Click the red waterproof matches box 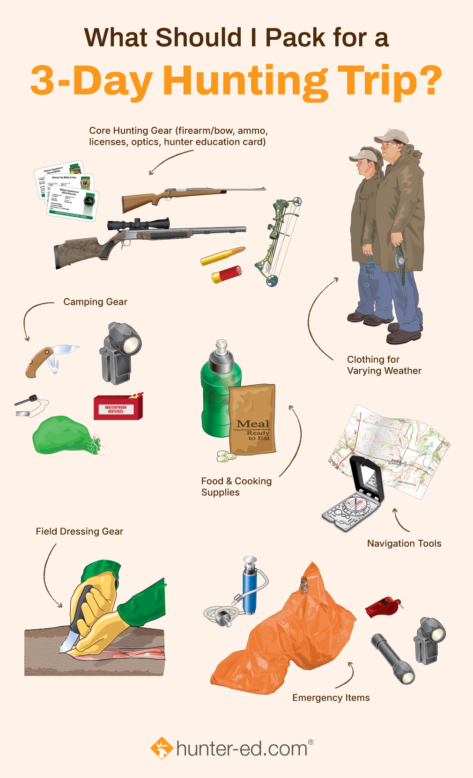click(x=118, y=407)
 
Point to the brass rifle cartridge click(x=222, y=256)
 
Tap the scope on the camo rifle click(x=139, y=224)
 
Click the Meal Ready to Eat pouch click(x=252, y=419)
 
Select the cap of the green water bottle click(x=221, y=356)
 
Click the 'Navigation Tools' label click(x=404, y=543)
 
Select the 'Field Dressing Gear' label click(x=80, y=531)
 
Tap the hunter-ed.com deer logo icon click(x=162, y=748)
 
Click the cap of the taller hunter click(x=392, y=136)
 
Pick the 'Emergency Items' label click(x=331, y=698)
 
